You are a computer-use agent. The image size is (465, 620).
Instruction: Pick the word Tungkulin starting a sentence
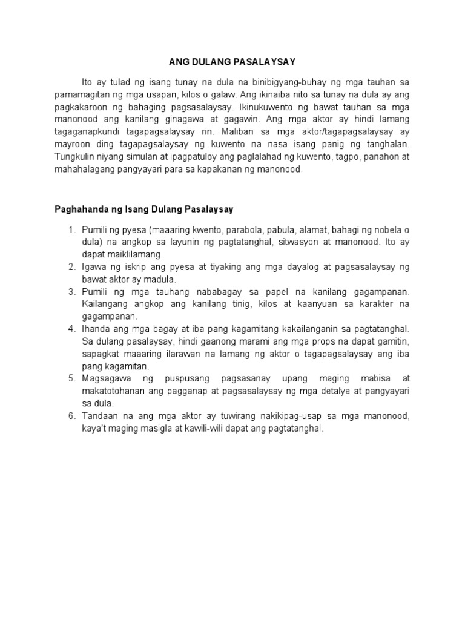click(71, 157)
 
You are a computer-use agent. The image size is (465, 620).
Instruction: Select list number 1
click(71, 230)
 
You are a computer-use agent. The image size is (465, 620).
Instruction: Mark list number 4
click(71, 329)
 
